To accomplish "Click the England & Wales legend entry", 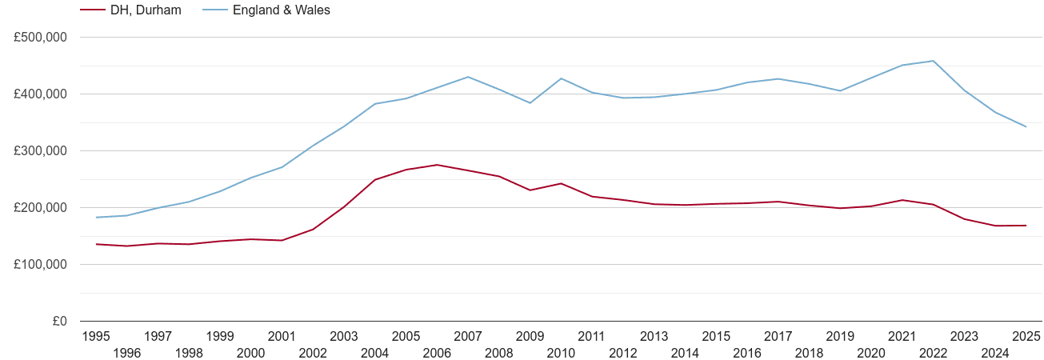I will pos(280,10).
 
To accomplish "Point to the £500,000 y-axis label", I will pos(40,38).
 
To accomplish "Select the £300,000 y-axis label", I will pos(40,151).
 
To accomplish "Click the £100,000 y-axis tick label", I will pos(40,265).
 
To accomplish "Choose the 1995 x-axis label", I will pos(96,336).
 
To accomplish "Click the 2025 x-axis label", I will pos(1026,336).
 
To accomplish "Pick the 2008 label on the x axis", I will pos(499,353).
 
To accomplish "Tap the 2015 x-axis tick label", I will pos(716,336).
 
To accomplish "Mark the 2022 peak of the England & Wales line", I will pos(934,61).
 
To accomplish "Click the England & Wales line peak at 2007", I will pos(468,77).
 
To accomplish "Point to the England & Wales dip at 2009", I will pos(530,102).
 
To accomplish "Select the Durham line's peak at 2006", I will pos(437,165).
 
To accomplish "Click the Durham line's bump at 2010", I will pos(561,183).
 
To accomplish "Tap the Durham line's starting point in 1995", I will pos(96,244).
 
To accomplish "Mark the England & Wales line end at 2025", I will pos(1026,126).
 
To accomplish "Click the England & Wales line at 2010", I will pos(561,78).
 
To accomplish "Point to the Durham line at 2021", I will pos(902,200).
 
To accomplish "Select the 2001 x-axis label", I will pos(282,336).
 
